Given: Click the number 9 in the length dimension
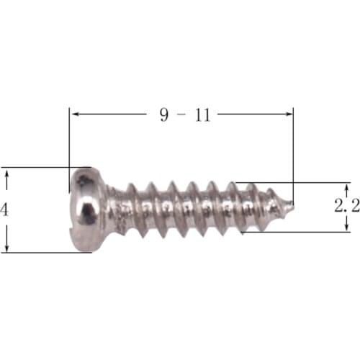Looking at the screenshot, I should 164,114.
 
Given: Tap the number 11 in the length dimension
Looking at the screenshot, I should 202,114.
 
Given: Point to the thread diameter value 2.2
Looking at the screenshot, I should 346,206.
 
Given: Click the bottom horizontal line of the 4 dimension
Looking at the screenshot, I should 36,253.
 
